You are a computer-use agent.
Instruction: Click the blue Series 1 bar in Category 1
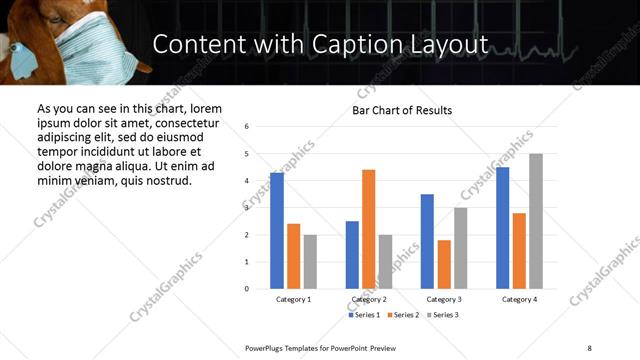(277, 231)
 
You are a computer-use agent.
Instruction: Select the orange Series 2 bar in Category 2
(368, 229)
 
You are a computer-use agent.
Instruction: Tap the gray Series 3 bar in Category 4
(536, 221)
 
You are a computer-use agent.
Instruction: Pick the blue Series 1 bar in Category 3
(427, 241)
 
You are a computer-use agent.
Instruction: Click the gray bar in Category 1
(310, 261)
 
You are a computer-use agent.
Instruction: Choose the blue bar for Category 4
(502, 228)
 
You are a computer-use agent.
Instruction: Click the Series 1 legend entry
(362, 315)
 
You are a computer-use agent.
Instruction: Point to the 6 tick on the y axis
(247, 127)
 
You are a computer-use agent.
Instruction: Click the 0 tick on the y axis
(247, 289)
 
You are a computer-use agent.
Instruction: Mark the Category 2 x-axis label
(368, 299)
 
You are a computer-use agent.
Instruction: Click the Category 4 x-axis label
(519, 299)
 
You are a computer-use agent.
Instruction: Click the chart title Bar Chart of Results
(402, 110)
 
